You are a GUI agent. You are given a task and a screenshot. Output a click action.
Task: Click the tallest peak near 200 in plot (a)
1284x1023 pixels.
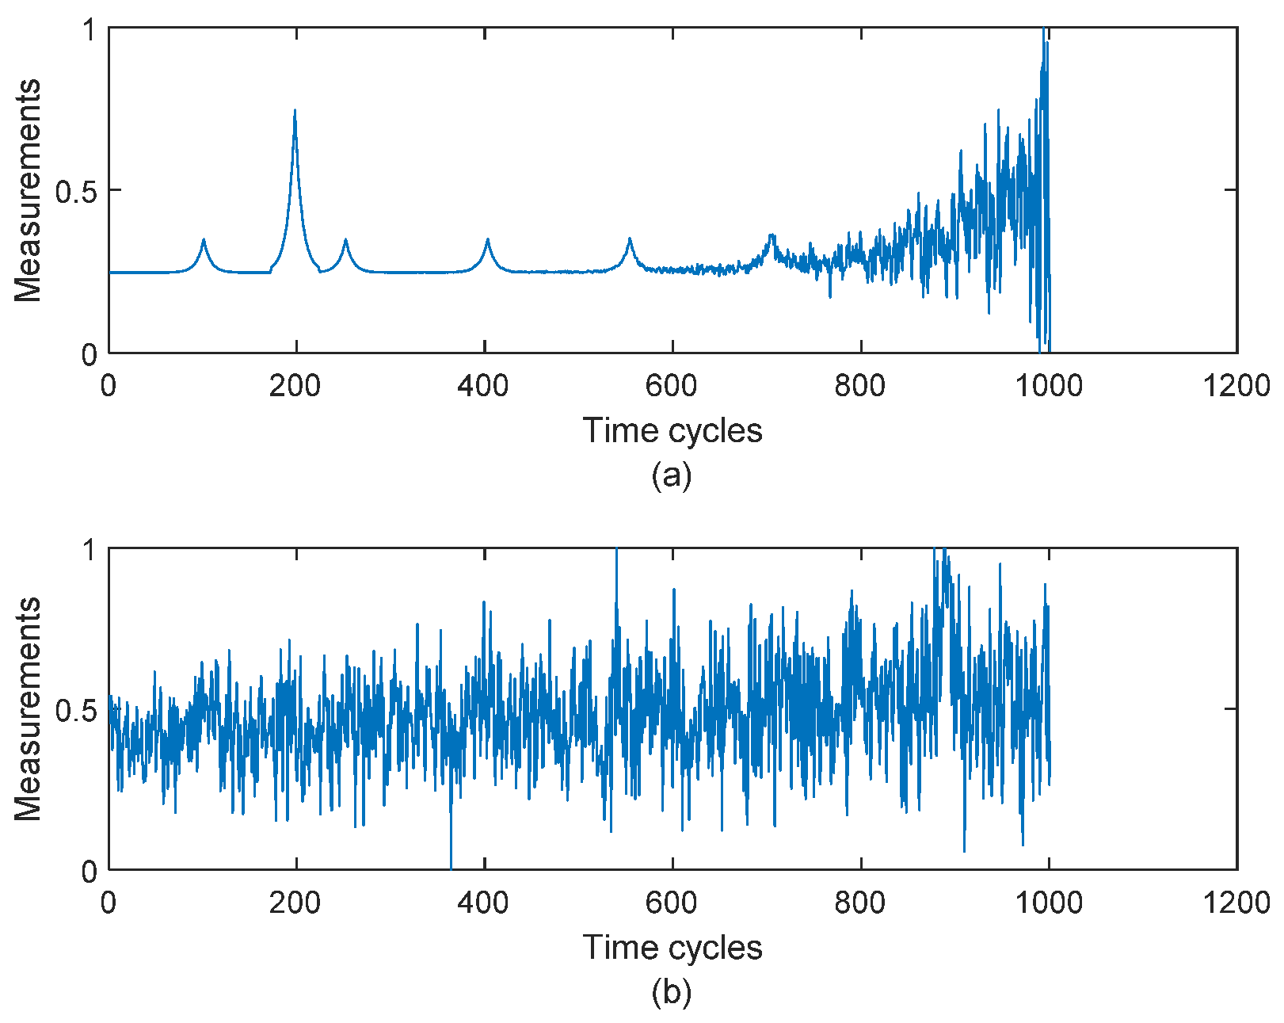[295, 112]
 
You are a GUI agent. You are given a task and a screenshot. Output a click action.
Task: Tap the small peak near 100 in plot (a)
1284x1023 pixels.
[204, 240]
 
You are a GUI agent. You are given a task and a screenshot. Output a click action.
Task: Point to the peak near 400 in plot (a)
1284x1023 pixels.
[487, 240]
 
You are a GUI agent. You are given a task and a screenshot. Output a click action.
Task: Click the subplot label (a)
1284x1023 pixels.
[672, 475]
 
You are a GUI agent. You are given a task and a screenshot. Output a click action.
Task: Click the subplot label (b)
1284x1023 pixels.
[672, 992]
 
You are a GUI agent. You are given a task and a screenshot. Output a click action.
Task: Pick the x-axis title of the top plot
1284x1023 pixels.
[672, 431]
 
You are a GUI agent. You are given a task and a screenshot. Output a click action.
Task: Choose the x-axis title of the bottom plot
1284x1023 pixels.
[672, 948]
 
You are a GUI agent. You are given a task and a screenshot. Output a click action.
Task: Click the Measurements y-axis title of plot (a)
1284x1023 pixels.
[28, 190]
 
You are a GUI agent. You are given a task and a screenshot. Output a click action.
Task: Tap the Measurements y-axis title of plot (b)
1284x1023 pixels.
[28, 708]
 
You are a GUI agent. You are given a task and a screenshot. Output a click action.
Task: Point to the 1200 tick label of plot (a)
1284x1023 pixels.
[1236, 386]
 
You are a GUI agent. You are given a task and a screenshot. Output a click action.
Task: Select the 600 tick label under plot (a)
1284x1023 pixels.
[672, 386]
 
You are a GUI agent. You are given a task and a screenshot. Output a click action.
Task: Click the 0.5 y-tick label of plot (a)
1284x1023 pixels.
[75, 191]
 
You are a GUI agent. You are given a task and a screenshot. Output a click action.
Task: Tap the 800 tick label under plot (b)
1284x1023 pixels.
[860, 903]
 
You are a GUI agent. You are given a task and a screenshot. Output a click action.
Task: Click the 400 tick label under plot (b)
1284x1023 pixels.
[483, 903]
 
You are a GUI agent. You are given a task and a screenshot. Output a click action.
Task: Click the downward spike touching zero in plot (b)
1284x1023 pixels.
[451, 864]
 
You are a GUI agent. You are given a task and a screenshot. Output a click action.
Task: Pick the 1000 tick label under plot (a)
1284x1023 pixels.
[1049, 386]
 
